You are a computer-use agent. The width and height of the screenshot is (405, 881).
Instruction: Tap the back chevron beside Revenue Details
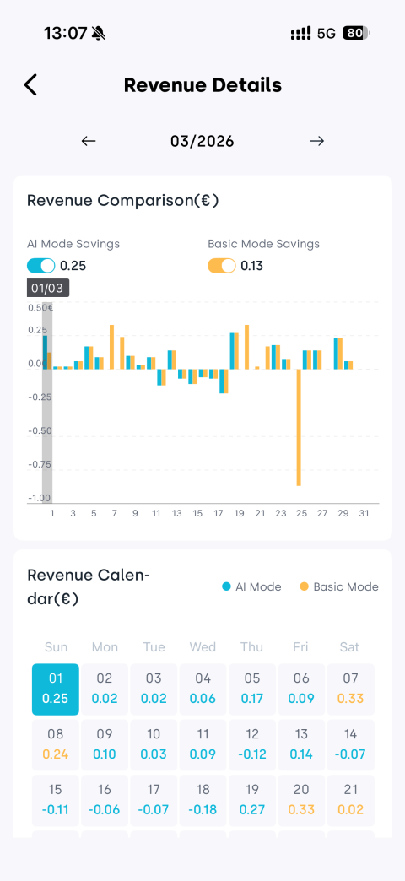(30, 85)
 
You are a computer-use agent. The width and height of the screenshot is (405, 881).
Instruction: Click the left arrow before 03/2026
(89, 141)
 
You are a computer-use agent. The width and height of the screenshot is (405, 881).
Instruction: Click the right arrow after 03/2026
(316, 141)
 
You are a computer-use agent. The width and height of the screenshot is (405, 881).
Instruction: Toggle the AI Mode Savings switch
(41, 266)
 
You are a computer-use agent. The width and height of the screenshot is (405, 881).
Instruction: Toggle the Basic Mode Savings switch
(222, 266)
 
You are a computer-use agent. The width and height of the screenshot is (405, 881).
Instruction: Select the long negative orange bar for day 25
(300, 427)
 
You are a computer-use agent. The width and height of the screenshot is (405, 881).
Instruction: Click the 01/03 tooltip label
(48, 289)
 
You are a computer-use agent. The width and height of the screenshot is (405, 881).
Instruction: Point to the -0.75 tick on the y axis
(40, 465)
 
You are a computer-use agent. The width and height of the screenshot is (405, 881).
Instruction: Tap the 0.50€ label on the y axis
(40, 307)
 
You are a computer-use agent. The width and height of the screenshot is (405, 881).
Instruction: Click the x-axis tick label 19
(239, 514)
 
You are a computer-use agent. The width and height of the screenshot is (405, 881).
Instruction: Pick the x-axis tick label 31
(364, 514)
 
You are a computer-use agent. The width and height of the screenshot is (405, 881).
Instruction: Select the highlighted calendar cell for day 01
(56, 689)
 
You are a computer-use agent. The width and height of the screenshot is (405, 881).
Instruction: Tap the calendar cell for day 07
(350, 689)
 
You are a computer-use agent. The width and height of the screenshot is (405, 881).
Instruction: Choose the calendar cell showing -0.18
(202, 800)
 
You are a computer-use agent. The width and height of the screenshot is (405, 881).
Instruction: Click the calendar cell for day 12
(252, 744)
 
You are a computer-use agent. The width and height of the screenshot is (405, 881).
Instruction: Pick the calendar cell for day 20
(302, 800)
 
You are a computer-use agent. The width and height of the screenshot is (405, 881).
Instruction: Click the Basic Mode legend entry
(339, 587)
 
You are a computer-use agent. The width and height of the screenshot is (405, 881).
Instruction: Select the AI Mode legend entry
(251, 587)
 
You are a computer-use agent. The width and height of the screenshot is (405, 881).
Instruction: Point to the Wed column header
(202, 647)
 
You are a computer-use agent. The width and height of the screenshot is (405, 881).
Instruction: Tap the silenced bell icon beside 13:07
(99, 34)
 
